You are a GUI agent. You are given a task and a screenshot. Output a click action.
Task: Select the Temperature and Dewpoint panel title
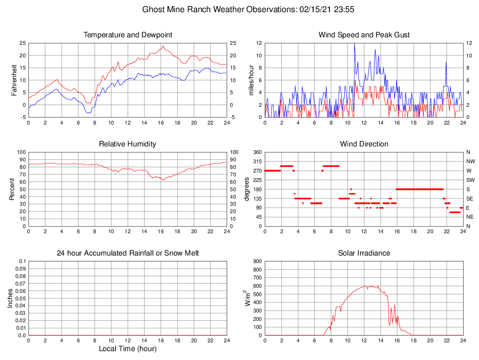[127, 35]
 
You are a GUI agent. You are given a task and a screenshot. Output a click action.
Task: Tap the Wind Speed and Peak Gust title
[364, 35]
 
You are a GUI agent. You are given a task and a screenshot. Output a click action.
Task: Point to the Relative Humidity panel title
[127, 144]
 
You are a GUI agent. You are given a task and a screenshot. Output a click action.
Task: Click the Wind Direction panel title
[364, 144]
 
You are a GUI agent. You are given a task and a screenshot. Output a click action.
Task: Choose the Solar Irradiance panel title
[364, 253]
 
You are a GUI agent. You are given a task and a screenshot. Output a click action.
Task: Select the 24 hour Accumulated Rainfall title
[127, 253]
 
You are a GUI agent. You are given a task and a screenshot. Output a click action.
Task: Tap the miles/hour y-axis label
[251, 80]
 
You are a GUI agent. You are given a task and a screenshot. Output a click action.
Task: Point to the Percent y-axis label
[13, 189]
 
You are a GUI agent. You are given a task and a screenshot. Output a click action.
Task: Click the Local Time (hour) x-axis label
[127, 349]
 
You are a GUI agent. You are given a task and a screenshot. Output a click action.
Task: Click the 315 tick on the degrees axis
[257, 161]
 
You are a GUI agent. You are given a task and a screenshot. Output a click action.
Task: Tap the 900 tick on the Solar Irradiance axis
[257, 261]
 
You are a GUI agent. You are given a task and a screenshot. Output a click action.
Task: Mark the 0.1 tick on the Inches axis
[22, 261]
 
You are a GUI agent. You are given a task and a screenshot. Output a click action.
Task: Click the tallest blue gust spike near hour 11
[354, 44]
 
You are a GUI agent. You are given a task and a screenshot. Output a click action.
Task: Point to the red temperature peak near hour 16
[163, 46]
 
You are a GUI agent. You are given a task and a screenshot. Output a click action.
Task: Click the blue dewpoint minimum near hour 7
[88, 113]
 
